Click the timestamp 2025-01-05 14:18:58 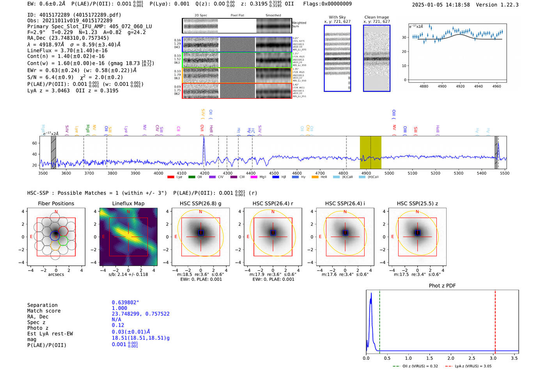[441, 5]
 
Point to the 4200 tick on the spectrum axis [204, 173]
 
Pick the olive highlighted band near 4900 [370, 152]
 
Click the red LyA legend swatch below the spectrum [170, 177]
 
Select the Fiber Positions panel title [56, 203]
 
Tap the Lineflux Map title [128, 203]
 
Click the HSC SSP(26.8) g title [200, 203]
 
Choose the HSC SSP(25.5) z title [417, 203]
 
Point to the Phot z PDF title [442, 286]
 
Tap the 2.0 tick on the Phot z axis [451, 358]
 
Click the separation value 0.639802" [125, 303]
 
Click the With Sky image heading [337, 17]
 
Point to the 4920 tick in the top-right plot [460, 86]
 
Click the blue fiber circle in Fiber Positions [55, 235]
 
